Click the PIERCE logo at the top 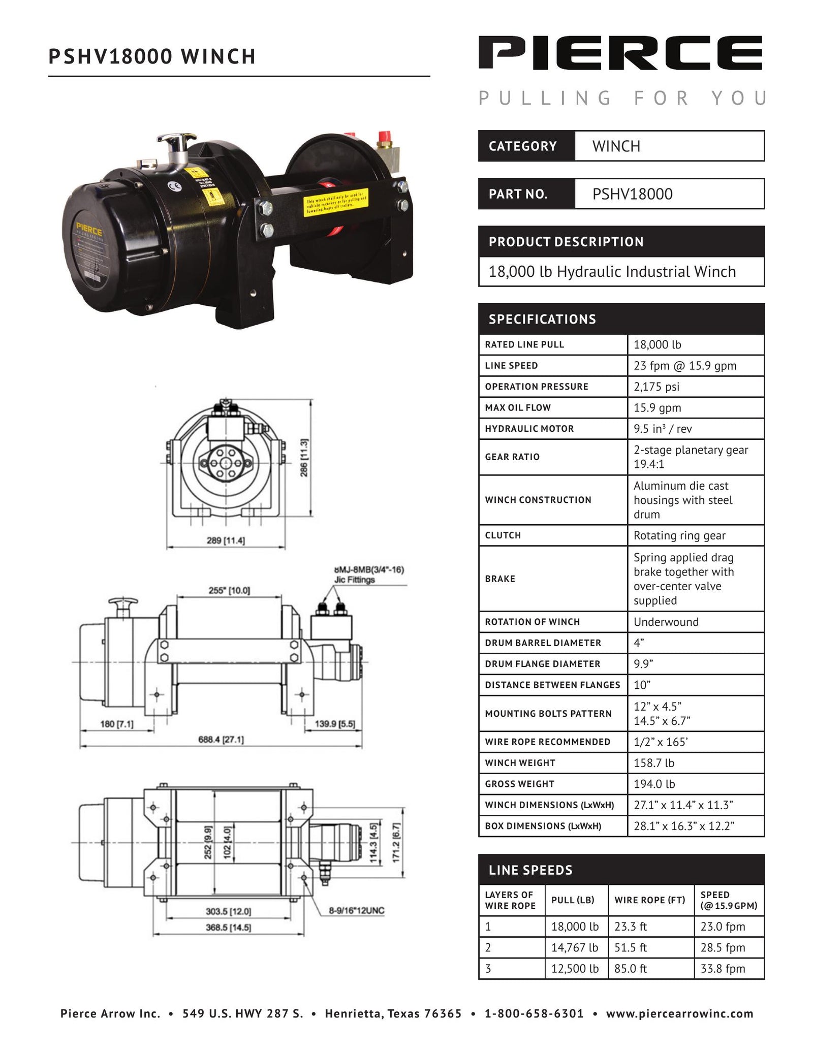tap(620, 53)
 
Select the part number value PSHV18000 tap(632, 194)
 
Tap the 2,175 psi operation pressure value tap(656, 387)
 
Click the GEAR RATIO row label tap(512, 457)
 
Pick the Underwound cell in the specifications tap(666, 622)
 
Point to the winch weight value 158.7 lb tap(653, 763)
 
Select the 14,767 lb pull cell tap(575, 947)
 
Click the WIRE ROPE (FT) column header tap(650, 900)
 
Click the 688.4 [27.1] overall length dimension tap(221, 740)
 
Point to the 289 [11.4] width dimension tap(226, 540)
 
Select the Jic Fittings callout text tap(354, 580)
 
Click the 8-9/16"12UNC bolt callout tap(356, 910)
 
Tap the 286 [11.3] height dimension tap(304, 458)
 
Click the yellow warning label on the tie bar tap(336, 203)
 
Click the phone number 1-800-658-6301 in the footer tap(534, 1014)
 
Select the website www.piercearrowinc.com tap(679, 1014)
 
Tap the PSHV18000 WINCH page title tap(152, 56)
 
